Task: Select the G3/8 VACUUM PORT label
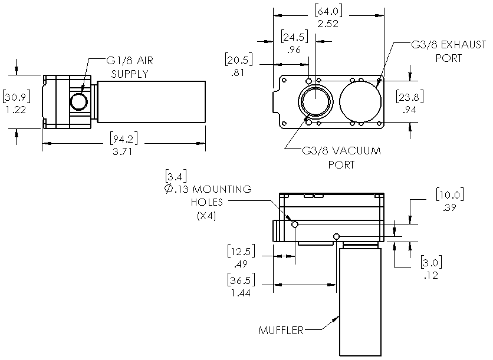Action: click(x=341, y=157)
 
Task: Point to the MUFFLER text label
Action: click(x=281, y=330)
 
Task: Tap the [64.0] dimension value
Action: click(x=329, y=12)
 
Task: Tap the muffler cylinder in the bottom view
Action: click(x=359, y=300)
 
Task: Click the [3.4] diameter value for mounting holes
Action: click(x=178, y=176)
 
